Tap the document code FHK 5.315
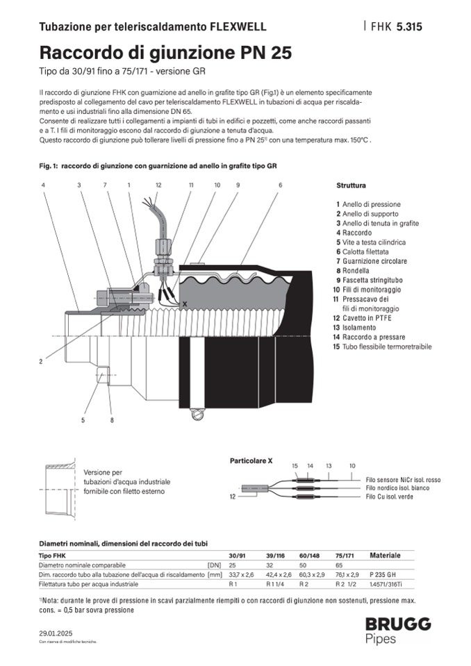pos(396,27)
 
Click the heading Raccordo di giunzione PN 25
pos(165,53)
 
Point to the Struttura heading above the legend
pos(351,186)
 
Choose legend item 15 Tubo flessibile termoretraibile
pos(383,346)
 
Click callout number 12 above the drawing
pos(158,185)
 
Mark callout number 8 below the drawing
pos(110,420)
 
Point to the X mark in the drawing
pos(184,304)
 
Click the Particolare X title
pos(251,460)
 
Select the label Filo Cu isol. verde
pos(392,498)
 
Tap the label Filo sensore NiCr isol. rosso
pos(403,480)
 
